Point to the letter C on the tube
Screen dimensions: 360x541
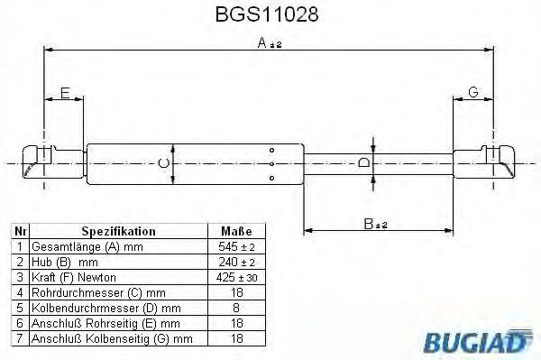[x=162, y=163]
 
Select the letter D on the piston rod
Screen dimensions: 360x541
[x=362, y=163]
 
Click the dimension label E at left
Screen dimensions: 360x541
[x=64, y=92]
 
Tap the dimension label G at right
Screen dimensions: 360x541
[x=472, y=92]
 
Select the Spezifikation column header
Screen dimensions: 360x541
[x=118, y=231]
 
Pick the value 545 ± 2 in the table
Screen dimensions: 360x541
[x=236, y=246]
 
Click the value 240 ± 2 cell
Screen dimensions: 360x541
[x=236, y=262]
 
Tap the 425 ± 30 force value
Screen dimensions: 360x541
[x=236, y=277]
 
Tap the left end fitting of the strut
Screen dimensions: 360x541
[x=41, y=163]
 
